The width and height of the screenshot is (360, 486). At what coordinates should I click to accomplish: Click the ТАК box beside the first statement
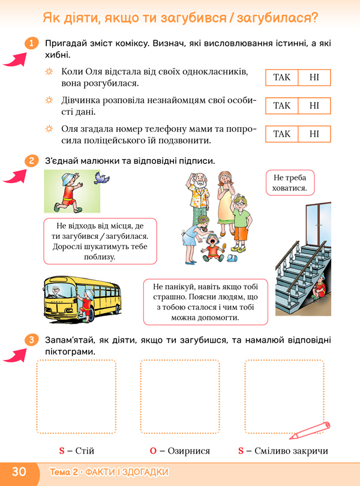pyautogui.click(x=281, y=77)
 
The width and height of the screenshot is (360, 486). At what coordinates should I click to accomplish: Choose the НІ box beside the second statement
pyautogui.click(x=314, y=106)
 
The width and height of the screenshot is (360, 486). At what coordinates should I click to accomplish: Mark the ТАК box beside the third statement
pyautogui.click(x=281, y=134)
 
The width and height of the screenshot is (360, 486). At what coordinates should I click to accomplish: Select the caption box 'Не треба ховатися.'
pyautogui.click(x=290, y=182)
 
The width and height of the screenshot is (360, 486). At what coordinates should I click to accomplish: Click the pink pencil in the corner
pyautogui.click(x=310, y=430)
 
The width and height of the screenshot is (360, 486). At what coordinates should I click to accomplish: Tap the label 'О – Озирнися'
pyautogui.click(x=180, y=451)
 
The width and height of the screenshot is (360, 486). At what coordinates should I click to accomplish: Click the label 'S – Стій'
pyautogui.click(x=76, y=451)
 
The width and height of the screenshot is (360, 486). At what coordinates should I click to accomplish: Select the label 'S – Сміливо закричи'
pyautogui.click(x=283, y=451)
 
